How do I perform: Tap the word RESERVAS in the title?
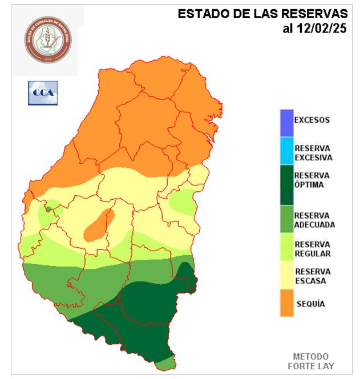pyautogui.click(x=315, y=14)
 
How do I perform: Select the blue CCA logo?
pyautogui.click(x=43, y=92)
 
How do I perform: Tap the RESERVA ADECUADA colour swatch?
pyautogui.click(x=286, y=219)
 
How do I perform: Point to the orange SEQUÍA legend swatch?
pyautogui.click(x=286, y=303)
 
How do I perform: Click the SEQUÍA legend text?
pyautogui.click(x=310, y=304)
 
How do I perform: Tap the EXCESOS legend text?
pyautogui.click(x=312, y=120)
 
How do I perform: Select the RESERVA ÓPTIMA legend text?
pyautogui.click(x=312, y=180)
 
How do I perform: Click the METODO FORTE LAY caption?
pyautogui.click(x=314, y=360)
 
